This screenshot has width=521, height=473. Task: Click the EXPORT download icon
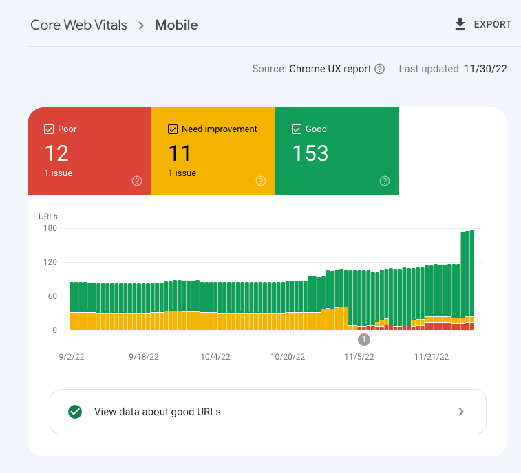click(x=460, y=24)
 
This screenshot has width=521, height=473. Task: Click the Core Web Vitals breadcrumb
click(x=78, y=25)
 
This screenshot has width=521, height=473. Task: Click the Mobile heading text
click(x=176, y=25)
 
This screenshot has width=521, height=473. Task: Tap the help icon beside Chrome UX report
click(x=379, y=69)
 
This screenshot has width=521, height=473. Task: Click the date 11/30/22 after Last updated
click(x=486, y=69)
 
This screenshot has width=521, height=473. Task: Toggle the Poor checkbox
click(x=49, y=129)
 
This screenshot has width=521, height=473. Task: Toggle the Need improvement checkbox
click(x=173, y=129)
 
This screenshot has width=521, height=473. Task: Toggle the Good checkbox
click(x=297, y=129)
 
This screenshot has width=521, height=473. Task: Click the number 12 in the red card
click(x=56, y=153)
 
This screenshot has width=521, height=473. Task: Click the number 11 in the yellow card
click(x=180, y=153)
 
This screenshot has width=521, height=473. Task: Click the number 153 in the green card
click(x=310, y=153)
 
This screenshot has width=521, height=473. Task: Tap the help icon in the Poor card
click(x=137, y=181)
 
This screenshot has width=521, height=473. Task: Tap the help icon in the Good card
click(x=385, y=181)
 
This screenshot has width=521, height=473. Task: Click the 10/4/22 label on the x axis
click(x=215, y=357)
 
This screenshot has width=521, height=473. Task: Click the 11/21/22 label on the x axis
click(x=432, y=357)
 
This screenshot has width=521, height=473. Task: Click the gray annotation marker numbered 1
click(x=364, y=339)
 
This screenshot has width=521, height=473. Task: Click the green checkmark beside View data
click(x=75, y=412)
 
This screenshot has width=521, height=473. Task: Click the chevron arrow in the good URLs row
click(x=461, y=412)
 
